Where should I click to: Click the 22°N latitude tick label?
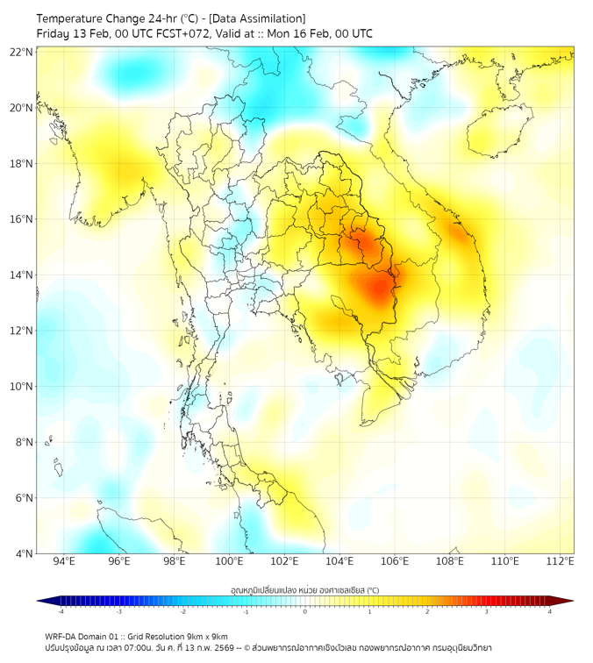click(x=23, y=53)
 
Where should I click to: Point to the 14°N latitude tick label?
click(x=23, y=275)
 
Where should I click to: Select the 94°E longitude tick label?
click(x=64, y=561)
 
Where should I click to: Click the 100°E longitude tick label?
click(x=230, y=561)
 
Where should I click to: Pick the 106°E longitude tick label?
click(x=396, y=561)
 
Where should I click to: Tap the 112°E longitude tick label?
click(x=561, y=561)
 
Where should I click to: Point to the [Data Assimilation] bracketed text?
click(x=258, y=18)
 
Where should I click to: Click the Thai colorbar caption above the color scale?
click(x=304, y=590)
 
